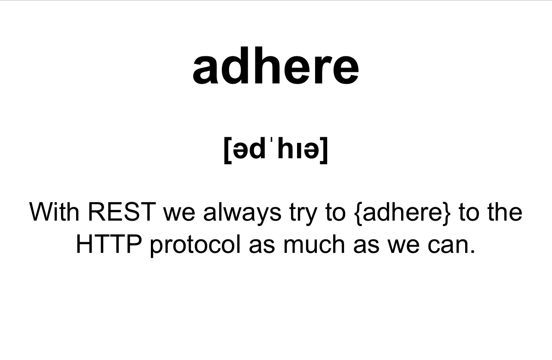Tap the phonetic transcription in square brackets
click(276, 150)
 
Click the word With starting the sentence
click(54, 212)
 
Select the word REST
click(122, 212)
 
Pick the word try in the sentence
click(303, 214)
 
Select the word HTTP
click(109, 244)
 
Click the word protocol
click(195, 246)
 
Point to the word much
click(314, 244)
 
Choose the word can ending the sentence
click(448, 246)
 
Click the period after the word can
click(472, 251)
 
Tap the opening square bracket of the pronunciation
click(228, 150)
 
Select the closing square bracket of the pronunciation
click(324, 150)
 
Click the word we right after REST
click(179, 214)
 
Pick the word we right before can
click(404, 246)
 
